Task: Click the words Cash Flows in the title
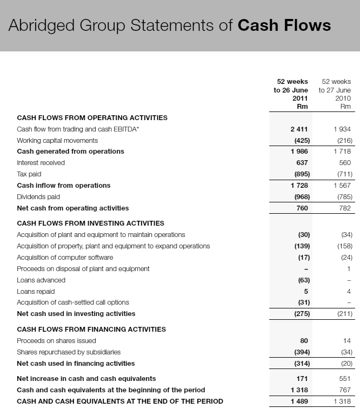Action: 284,25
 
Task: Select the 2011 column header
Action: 299,98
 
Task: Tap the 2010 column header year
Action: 343,98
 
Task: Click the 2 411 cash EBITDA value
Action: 299,129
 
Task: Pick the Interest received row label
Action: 41,163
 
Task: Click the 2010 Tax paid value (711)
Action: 344,174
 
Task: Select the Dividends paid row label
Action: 38,197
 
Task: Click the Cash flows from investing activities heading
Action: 90,223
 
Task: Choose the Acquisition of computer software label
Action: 65,258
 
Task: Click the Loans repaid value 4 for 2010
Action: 349,292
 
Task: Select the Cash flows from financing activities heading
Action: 91,329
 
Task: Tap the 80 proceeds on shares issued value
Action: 303,341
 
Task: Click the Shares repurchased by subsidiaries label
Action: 69,352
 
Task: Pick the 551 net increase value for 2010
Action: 345,379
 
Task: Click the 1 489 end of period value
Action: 299,402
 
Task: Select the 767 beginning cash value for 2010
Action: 345,390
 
